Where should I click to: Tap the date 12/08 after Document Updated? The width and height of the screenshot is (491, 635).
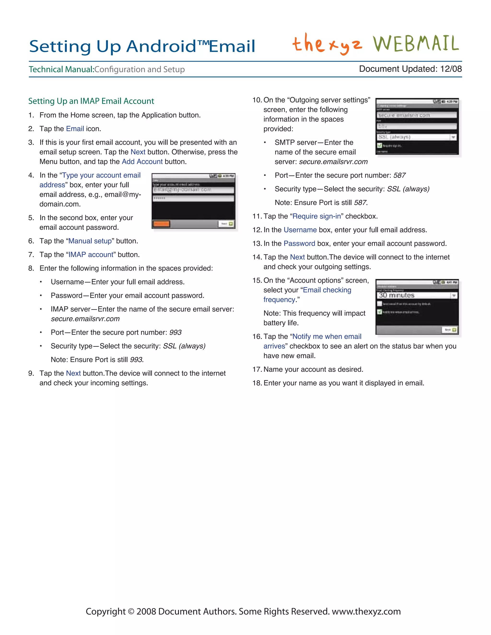point(451,69)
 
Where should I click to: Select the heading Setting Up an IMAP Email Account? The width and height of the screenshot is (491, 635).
point(91,101)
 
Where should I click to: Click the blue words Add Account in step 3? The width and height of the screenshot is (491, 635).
point(142,162)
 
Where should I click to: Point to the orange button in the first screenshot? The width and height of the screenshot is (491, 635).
point(161,224)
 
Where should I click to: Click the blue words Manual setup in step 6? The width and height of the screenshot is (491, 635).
point(90,241)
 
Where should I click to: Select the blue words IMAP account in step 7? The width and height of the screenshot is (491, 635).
point(91,255)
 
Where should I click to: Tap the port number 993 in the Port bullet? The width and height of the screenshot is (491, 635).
point(175,332)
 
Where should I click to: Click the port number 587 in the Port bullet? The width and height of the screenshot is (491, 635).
point(399,175)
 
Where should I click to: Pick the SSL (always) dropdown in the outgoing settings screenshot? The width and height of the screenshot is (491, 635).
point(416,137)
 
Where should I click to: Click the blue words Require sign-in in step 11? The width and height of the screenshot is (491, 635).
point(316,216)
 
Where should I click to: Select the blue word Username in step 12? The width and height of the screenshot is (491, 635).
point(300,230)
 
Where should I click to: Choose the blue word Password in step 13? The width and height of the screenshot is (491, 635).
point(299,244)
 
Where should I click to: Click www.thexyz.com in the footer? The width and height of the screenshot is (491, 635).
point(366,611)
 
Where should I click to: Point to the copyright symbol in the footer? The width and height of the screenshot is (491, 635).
point(131,611)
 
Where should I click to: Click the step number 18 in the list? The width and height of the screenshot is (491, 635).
point(257,383)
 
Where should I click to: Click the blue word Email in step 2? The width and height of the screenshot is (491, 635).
point(75,129)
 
